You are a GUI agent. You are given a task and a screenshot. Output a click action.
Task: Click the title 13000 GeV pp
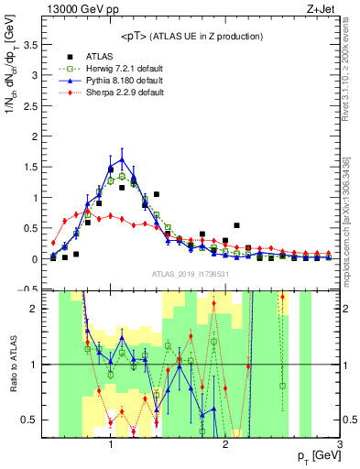pyautogui.click(x=89, y=10)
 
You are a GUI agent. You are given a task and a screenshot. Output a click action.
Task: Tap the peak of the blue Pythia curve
pyautogui.click(x=122, y=158)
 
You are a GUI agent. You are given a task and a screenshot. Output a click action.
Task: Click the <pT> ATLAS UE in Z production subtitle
pyautogui.click(x=192, y=36)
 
